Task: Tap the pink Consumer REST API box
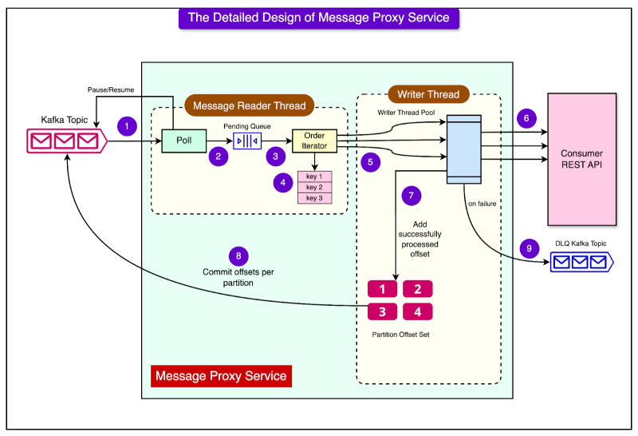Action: [581, 158]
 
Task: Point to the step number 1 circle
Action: [124, 125]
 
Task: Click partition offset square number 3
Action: [382, 311]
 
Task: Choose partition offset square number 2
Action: [418, 289]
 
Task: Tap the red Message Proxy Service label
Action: [221, 375]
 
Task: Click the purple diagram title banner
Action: [320, 17]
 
